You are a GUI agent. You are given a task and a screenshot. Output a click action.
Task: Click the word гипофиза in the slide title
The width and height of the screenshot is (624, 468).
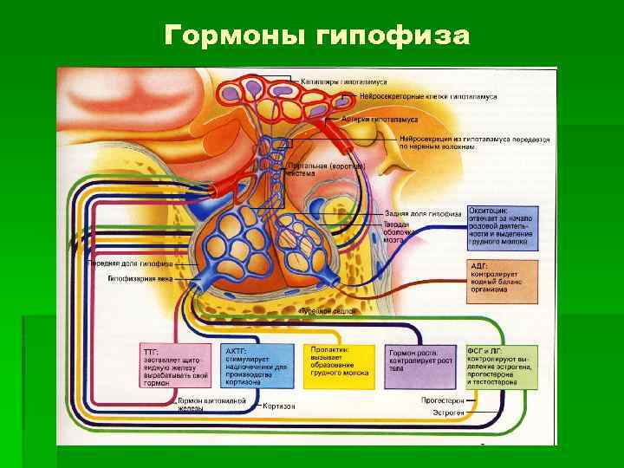394,36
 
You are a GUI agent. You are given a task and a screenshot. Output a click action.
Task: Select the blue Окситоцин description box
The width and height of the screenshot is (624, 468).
503,228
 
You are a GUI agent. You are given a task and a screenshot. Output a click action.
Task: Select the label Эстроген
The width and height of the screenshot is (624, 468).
449,413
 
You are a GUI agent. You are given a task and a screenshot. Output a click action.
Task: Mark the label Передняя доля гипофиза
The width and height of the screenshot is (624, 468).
130,263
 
